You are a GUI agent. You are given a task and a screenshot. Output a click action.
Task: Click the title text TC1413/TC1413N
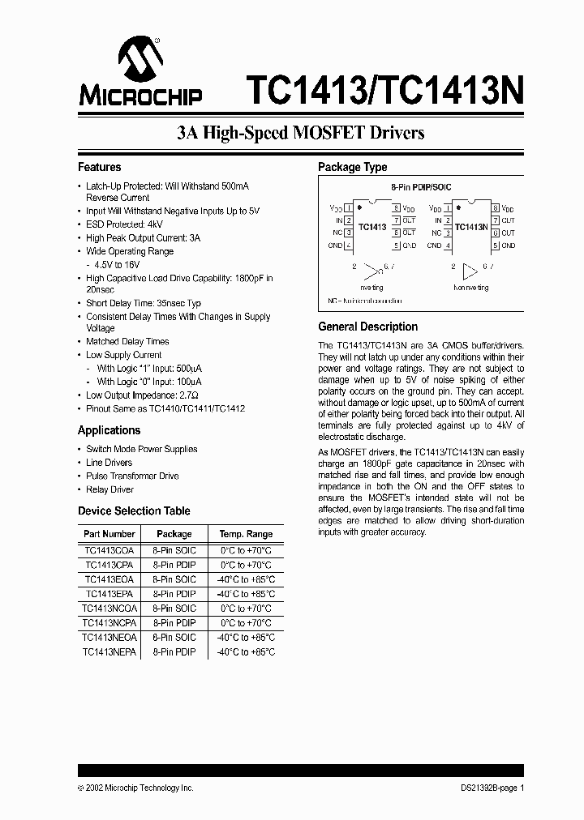click(384, 88)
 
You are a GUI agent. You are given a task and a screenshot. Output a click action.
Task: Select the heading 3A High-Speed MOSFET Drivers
click(301, 132)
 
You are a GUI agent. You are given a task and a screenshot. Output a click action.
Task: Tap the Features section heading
click(99, 167)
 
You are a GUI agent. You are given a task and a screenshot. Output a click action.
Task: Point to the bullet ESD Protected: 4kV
click(124, 224)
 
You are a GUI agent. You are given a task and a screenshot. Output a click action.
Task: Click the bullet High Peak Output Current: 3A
click(143, 238)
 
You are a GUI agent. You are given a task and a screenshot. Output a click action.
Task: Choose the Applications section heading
click(109, 430)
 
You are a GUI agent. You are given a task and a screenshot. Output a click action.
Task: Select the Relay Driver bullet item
click(109, 489)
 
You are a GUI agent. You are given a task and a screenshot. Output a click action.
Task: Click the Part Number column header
click(109, 534)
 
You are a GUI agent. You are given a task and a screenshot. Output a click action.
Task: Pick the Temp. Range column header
click(245, 534)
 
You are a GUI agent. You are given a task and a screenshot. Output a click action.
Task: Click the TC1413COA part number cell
click(109, 550)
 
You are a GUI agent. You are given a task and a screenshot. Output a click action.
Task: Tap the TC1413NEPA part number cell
click(109, 652)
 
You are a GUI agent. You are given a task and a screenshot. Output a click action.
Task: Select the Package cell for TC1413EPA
click(174, 594)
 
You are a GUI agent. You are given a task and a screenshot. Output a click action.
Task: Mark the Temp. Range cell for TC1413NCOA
click(245, 609)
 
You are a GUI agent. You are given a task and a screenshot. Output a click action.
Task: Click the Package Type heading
click(352, 167)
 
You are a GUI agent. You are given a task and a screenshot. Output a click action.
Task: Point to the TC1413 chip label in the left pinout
click(371, 227)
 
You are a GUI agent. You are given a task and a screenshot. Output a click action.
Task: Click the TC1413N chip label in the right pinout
click(471, 227)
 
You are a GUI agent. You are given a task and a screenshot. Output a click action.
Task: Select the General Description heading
click(367, 327)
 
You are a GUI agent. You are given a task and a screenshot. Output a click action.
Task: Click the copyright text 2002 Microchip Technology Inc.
click(136, 788)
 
